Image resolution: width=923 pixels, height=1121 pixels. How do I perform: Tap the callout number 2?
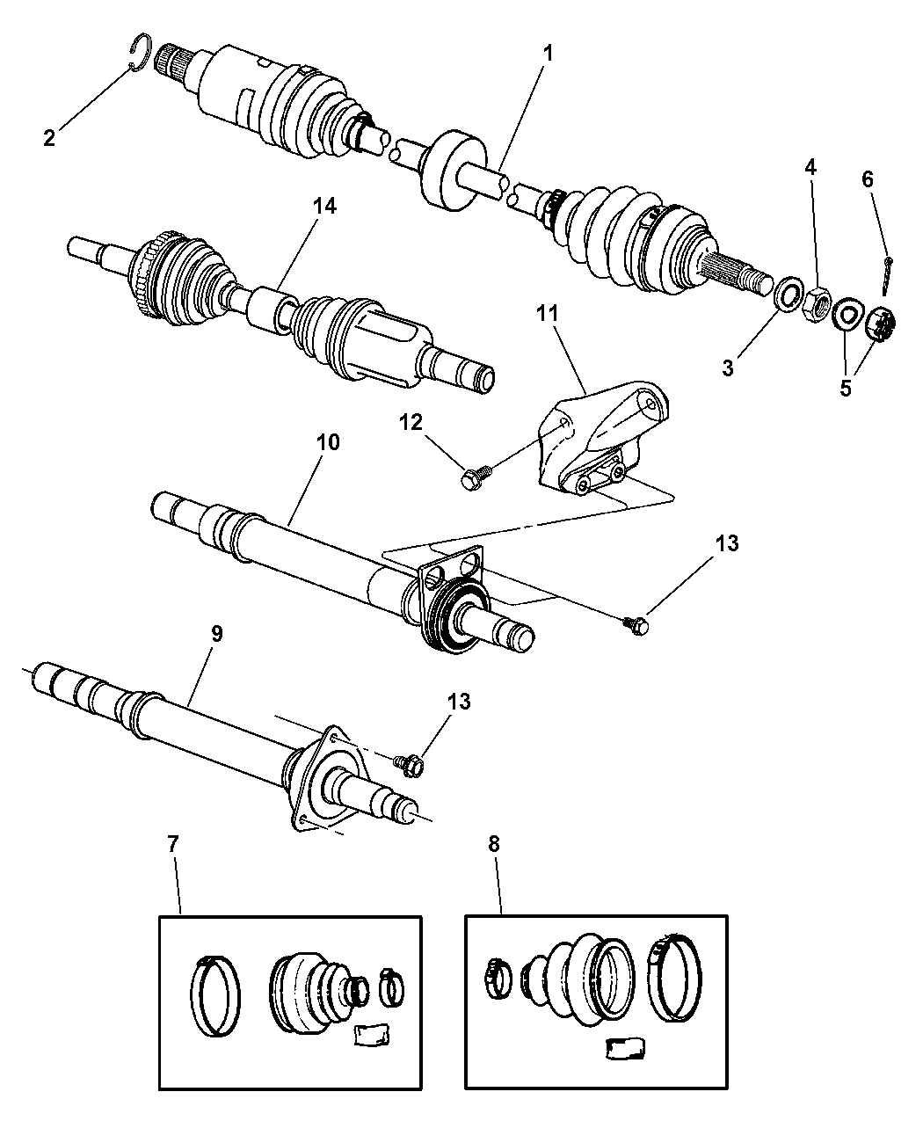coord(49,137)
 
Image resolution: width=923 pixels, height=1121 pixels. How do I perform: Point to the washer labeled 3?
coord(789,293)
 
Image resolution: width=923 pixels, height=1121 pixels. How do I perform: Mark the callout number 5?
coord(845,388)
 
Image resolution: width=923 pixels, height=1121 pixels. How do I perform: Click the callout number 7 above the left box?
coord(171,845)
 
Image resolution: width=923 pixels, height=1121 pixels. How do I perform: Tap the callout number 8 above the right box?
coord(494,845)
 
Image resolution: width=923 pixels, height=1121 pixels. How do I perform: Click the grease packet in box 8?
coord(628,1050)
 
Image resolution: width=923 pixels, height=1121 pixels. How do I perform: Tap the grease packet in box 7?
coord(369,1036)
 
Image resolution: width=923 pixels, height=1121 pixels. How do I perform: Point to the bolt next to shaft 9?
coord(411,765)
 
